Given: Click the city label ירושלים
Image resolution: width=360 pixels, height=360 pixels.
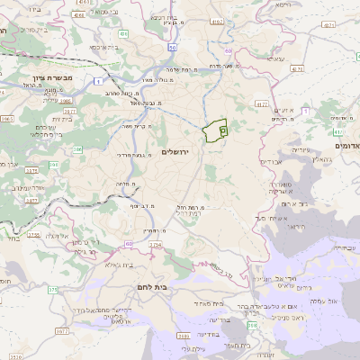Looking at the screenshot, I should tap(178, 152).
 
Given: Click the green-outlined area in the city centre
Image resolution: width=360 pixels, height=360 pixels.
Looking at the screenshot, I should tap(216, 131).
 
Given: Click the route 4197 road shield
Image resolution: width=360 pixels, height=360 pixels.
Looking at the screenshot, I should tap(215, 21).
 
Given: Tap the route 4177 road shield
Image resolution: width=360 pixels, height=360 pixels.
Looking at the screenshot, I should tap(260, 105).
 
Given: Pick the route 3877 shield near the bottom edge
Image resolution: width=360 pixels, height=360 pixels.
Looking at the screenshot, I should tap(61, 332).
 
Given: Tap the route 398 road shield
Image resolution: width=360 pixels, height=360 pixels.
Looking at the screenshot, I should tap(253, 326).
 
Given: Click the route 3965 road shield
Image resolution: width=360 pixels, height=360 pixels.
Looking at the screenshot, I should tap(7, 117).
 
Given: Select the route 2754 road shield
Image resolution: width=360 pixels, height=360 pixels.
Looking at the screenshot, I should tap(33, 235).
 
